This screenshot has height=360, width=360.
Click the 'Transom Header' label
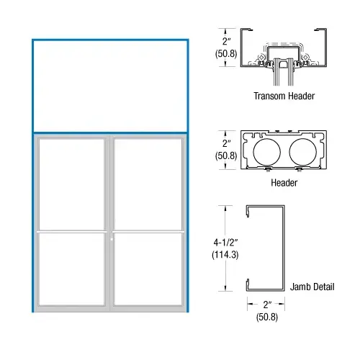pyautogui.click(x=284, y=96)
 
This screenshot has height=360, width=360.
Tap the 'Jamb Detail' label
pyautogui.click(x=312, y=287)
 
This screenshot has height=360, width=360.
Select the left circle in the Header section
pyautogui.click(x=266, y=152)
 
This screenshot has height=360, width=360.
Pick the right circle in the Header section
pyautogui.click(x=303, y=152)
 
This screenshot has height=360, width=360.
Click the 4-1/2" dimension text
pyautogui.click(x=225, y=243)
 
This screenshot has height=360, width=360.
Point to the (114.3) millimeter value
pyautogui.click(x=225, y=255)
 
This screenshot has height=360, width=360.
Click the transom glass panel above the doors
pyautogui.click(x=110, y=86)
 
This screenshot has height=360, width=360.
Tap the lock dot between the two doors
pyautogui.click(x=112, y=239)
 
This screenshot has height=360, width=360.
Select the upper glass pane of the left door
pyautogui.click(x=71, y=185)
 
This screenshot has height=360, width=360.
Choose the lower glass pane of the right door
pyautogui.click(x=148, y=269)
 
